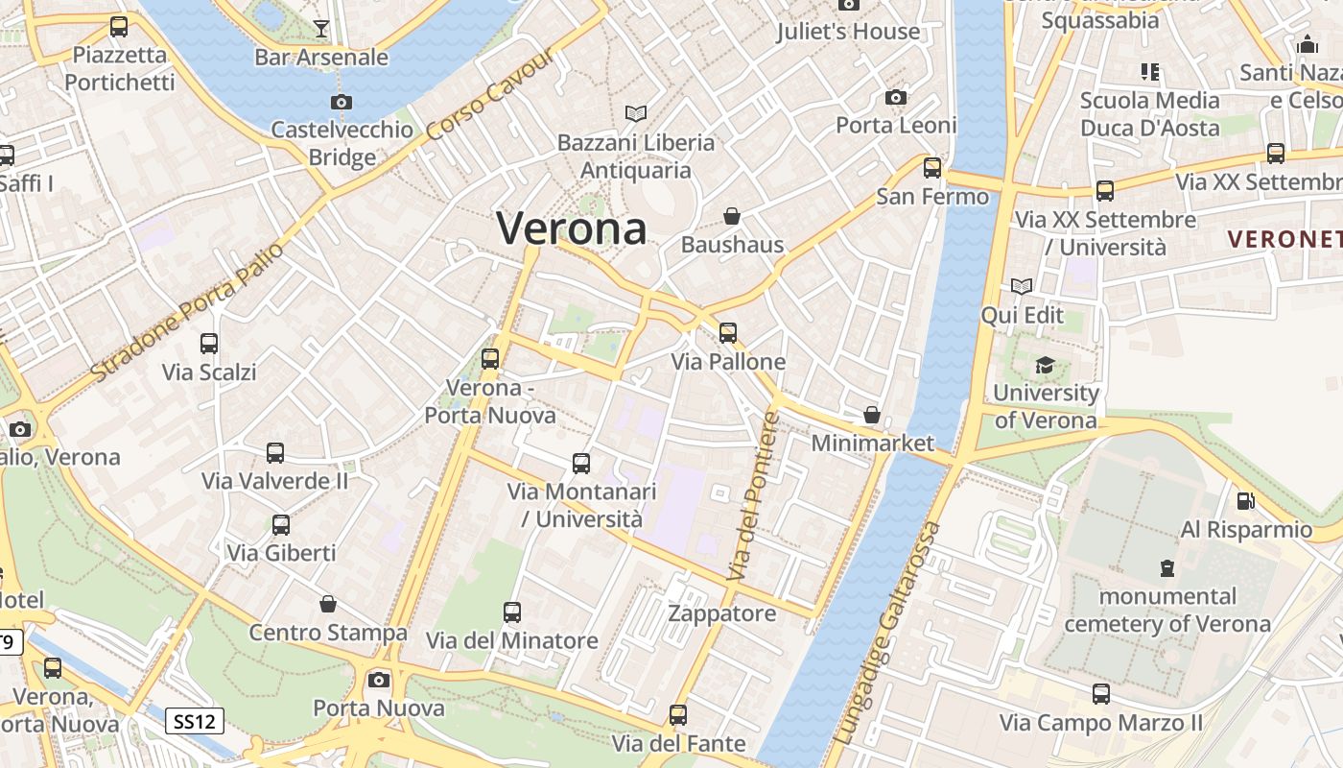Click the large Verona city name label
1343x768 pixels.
click(x=572, y=228)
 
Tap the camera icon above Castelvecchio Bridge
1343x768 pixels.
click(x=341, y=102)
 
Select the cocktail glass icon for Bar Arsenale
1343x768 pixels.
click(x=321, y=29)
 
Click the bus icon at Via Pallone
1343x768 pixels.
click(x=728, y=333)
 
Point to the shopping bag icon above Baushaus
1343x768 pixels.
click(x=732, y=216)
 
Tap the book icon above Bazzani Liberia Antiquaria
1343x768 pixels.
click(x=636, y=114)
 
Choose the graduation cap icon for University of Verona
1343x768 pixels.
click(x=1045, y=365)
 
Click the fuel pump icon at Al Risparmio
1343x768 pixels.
click(x=1246, y=500)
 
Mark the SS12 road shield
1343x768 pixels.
click(x=195, y=721)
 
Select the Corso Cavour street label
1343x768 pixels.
click(x=490, y=95)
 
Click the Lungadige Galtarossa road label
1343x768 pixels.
click(x=888, y=634)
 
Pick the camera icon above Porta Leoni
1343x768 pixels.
click(x=896, y=97)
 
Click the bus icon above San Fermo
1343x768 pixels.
click(x=932, y=168)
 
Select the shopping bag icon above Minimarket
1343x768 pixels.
click(x=872, y=415)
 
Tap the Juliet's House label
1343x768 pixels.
click(x=848, y=32)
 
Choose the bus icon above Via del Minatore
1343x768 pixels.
click(x=512, y=612)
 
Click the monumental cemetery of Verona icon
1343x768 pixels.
click(x=1167, y=568)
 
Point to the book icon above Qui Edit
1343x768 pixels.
click(x=1022, y=286)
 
